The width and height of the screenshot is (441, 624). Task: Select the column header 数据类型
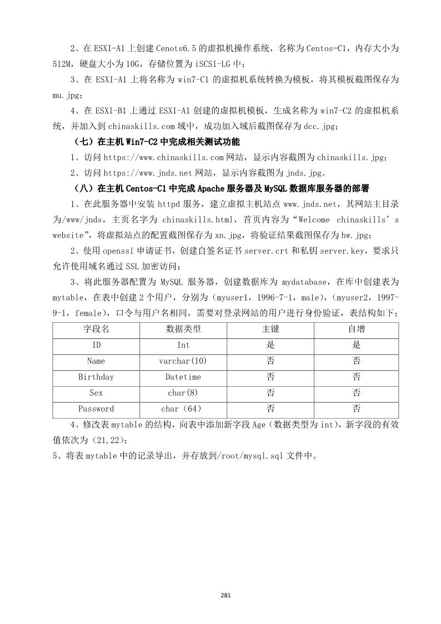pyautogui.click(x=183, y=329)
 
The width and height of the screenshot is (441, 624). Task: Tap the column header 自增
pyautogui.click(x=356, y=329)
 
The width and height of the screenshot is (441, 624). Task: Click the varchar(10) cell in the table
pyautogui.click(x=183, y=361)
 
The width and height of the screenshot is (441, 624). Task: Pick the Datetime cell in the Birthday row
pyautogui.click(x=183, y=377)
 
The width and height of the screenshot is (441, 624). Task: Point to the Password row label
pyautogui.click(x=96, y=409)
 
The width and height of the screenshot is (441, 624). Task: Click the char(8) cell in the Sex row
pyautogui.click(x=183, y=393)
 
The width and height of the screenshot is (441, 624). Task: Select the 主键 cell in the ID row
pyautogui.click(x=270, y=345)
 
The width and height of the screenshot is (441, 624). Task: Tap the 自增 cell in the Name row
pyautogui.click(x=356, y=361)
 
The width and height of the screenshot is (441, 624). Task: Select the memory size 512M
pyautogui.click(x=66, y=63)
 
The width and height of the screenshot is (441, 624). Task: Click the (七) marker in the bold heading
pyautogui.click(x=84, y=142)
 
